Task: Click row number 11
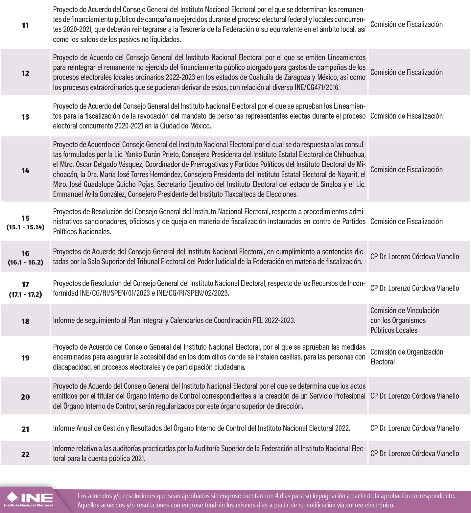pyautogui.click(x=25, y=25)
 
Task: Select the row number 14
pyautogui.click(x=25, y=171)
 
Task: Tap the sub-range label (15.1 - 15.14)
pyautogui.click(x=25, y=227)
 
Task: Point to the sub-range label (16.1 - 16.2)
pyautogui.click(x=25, y=262)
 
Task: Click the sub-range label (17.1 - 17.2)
pyautogui.click(x=25, y=294)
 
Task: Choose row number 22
pyautogui.click(x=25, y=455)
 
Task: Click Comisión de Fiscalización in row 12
pyautogui.click(x=406, y=72)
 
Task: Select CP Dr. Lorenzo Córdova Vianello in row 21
pyautogui.click(x=414, y=428)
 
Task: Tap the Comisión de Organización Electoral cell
pyautogui.click(x=407, y=357)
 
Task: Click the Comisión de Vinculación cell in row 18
pyautogui.click(x=405, y=320)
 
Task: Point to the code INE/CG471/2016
pyautogui.click(x=317, y=87)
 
